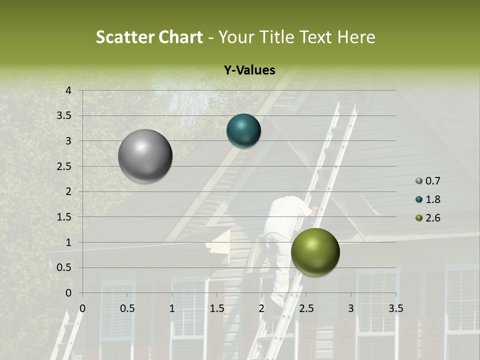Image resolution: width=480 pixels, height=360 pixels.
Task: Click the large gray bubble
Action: pyautogui.click(x=145, y=156)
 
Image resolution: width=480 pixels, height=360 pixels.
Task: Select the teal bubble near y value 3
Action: pyautogui.click(x=243, y=131)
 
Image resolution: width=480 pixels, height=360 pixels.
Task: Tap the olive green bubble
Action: pyautogui.click(x=315, y=252)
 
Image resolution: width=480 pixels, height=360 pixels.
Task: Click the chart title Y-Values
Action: pyautogui.click(x=249, y=70)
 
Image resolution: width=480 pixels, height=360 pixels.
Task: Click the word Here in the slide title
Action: pyautogui.click(x=355, y=37)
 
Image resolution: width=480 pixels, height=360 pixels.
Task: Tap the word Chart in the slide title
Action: pyautogui.click(x=180, y=37)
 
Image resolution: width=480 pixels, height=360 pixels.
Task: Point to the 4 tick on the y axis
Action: pyautogui.click(x=68, y=90)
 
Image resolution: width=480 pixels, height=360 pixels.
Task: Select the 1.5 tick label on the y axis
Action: pyautogui.click(x=64, y=217)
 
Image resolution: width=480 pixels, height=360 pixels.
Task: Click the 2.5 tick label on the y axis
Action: pyautogui.click(x=64, y=166)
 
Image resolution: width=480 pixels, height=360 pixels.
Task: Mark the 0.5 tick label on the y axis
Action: pyautogui.click(x=64, y=267)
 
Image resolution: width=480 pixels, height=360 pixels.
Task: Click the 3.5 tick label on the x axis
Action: pyautogui.click(x=395, y=308)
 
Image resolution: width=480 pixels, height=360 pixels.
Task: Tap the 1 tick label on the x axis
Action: pyautogui.click(x=172, y=308)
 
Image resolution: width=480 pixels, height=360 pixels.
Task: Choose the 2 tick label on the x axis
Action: pyautogui.click(x=261, y=308)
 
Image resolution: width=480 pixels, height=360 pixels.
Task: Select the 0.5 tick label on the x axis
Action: pyautogui.click(x=127, y=308)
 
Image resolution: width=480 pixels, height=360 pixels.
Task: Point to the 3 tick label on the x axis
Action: pyautogui.click(x=351, y=308)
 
